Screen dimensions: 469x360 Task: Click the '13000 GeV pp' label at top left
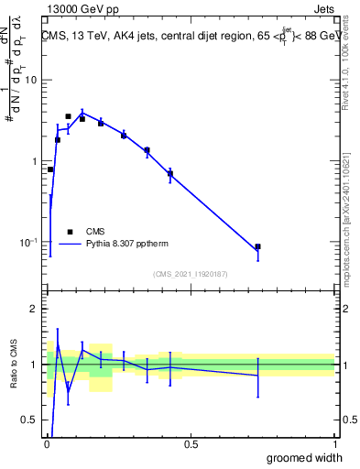(80, 10)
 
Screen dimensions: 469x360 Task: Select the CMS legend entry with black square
(91, 232)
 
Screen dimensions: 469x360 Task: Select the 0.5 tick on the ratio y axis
(33, 420)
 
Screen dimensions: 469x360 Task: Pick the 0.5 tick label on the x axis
(191, 444)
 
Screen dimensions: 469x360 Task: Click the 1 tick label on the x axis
(334, 444)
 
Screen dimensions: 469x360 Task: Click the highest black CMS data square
(68, 116)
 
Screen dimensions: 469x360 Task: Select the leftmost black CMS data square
(50, 169)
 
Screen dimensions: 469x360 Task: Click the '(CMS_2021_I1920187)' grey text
(191, 273)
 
